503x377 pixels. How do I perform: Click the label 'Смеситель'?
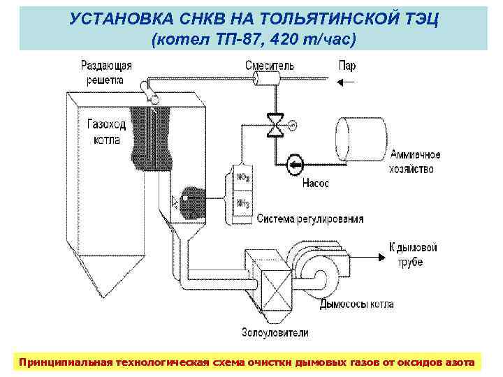pos(269,66)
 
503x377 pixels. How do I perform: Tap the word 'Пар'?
pos(347,66)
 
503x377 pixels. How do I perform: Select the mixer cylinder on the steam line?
pos(267,81)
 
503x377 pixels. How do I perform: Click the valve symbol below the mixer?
pos(278,124)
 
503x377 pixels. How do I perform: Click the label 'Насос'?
pos(316,184)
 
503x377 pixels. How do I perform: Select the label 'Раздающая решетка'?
pos(107,73)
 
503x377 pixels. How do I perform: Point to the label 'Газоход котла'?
pos(106,131)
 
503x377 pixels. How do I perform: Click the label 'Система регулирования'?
pos(310,219)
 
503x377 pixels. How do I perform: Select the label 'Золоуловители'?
pos(275,332)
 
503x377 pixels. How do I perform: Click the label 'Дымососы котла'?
pos(356,304)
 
